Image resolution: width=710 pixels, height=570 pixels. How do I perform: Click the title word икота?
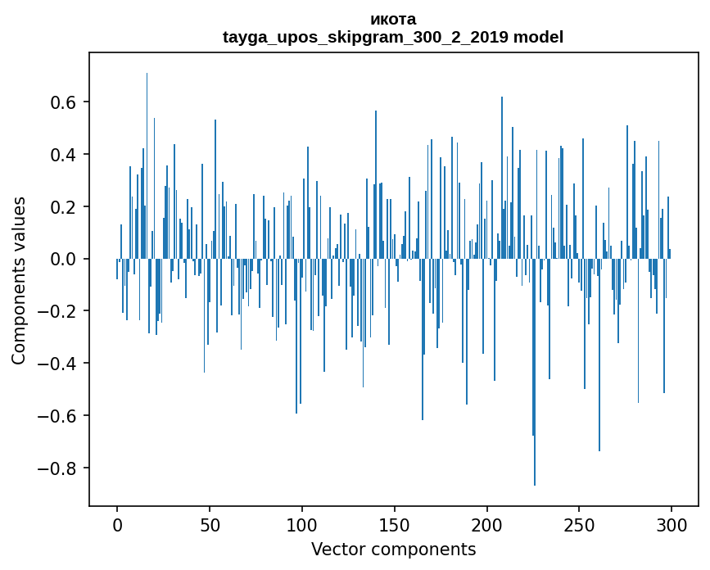pos(392,19)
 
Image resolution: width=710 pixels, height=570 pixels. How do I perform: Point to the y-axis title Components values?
pos(19,280)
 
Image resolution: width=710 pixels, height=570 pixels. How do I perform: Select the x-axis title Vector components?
pos(393,549)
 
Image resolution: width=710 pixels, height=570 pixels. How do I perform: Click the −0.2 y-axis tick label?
pos(59,312)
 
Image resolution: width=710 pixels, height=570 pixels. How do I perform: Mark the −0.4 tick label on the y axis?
pos(59,364)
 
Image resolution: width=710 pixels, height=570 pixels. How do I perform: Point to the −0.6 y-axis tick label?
pos(59,416)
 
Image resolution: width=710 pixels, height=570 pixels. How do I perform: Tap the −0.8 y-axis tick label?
pos(59,468)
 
